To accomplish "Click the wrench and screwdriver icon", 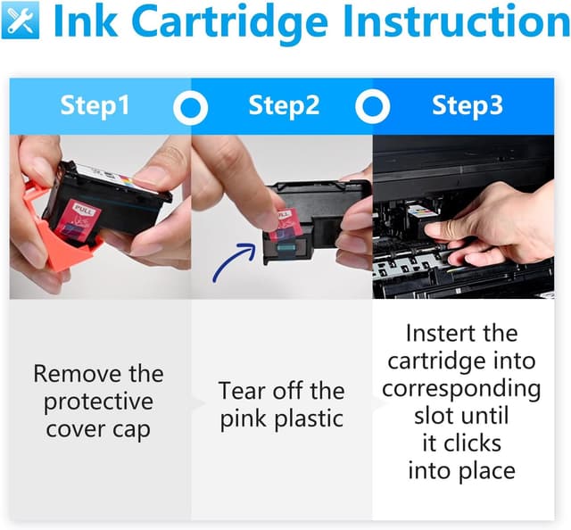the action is point(21,21).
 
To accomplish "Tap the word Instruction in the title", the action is point(456,21).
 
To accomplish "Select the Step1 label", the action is point(95,105).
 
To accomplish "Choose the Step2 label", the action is point(284,105).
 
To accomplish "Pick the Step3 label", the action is point(468,105).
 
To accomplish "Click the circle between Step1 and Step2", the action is point(190,107).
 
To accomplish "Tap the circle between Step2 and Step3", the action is point(373,107).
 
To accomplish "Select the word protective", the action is point(98,402).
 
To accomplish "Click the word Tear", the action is point(243,391).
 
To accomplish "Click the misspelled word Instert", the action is point(436,333).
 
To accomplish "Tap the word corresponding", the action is point(461,389).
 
